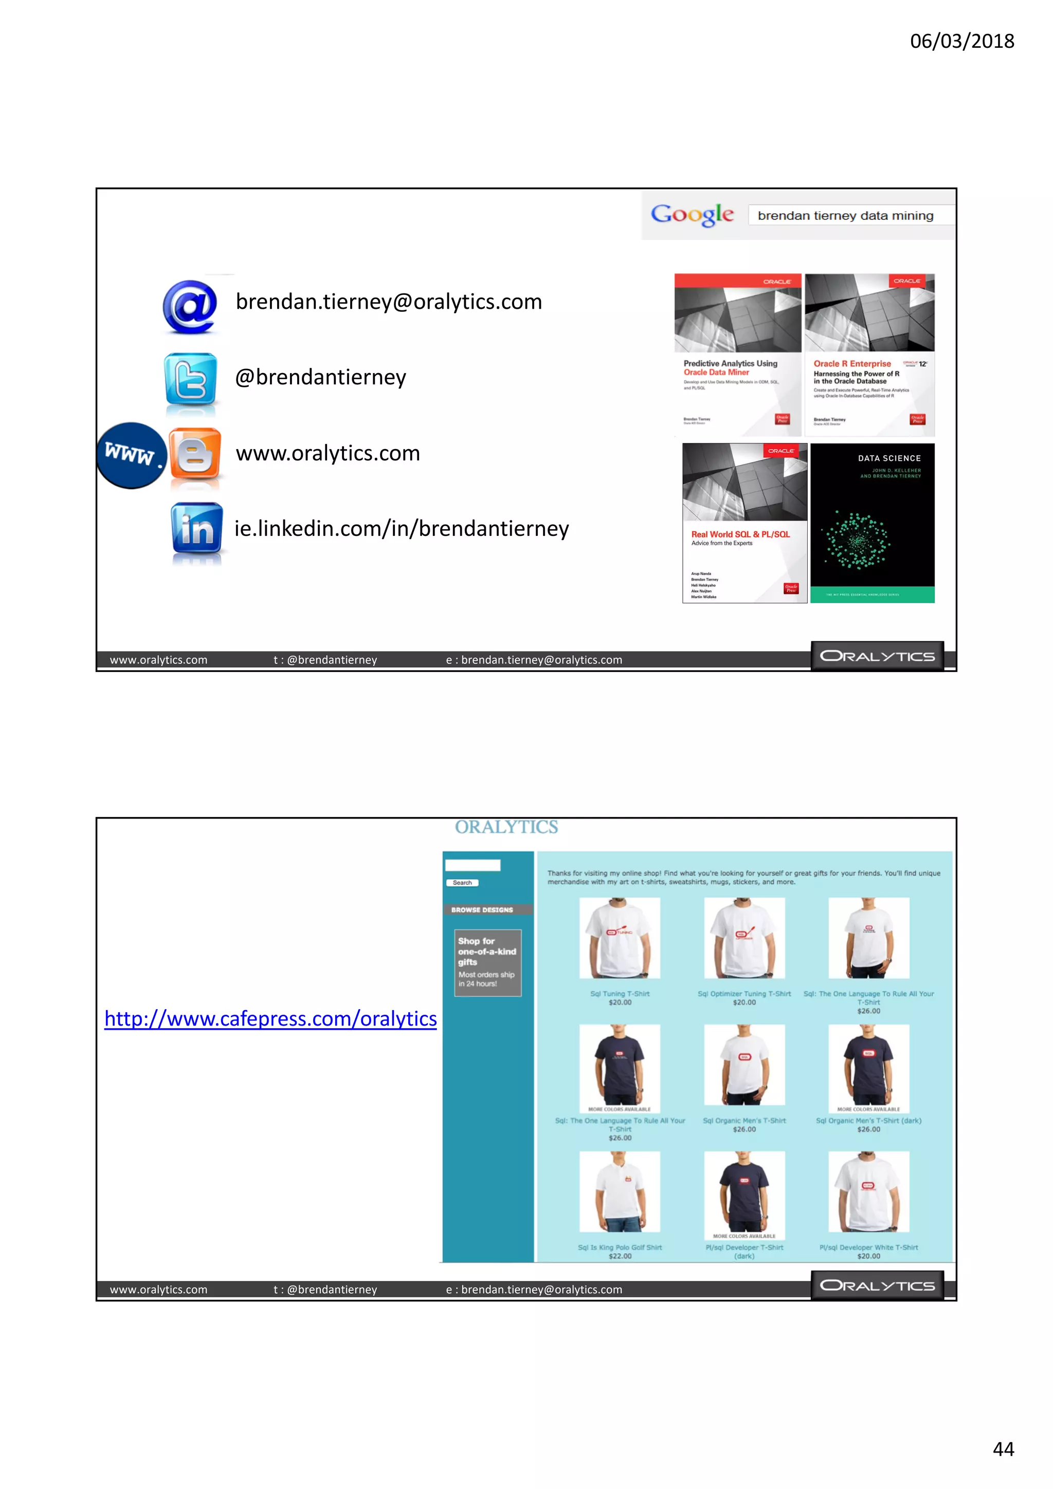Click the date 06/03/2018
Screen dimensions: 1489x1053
point(961,41)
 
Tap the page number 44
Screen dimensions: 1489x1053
point(1003,1449)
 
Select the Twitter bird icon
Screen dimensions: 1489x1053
point(190,379)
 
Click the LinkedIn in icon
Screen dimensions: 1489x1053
point(196,529)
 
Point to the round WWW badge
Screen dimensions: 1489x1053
point(131,455)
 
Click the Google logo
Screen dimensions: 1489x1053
point(692,215)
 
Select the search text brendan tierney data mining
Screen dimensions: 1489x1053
point(845,216)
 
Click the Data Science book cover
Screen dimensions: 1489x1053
point(872,523)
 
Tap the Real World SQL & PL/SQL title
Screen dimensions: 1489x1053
point(740,534)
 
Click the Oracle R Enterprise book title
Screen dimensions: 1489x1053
point(852,364)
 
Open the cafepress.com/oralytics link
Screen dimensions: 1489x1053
point(270,1019)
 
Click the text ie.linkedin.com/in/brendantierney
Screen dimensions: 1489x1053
point(402,529)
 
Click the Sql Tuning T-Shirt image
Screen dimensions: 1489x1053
point(620,938)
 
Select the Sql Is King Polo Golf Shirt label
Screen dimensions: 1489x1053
point(620,1247)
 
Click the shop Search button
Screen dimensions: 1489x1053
point(462,883)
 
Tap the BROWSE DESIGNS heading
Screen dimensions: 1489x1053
point(482,910)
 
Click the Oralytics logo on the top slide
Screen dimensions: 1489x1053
point(877,656)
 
